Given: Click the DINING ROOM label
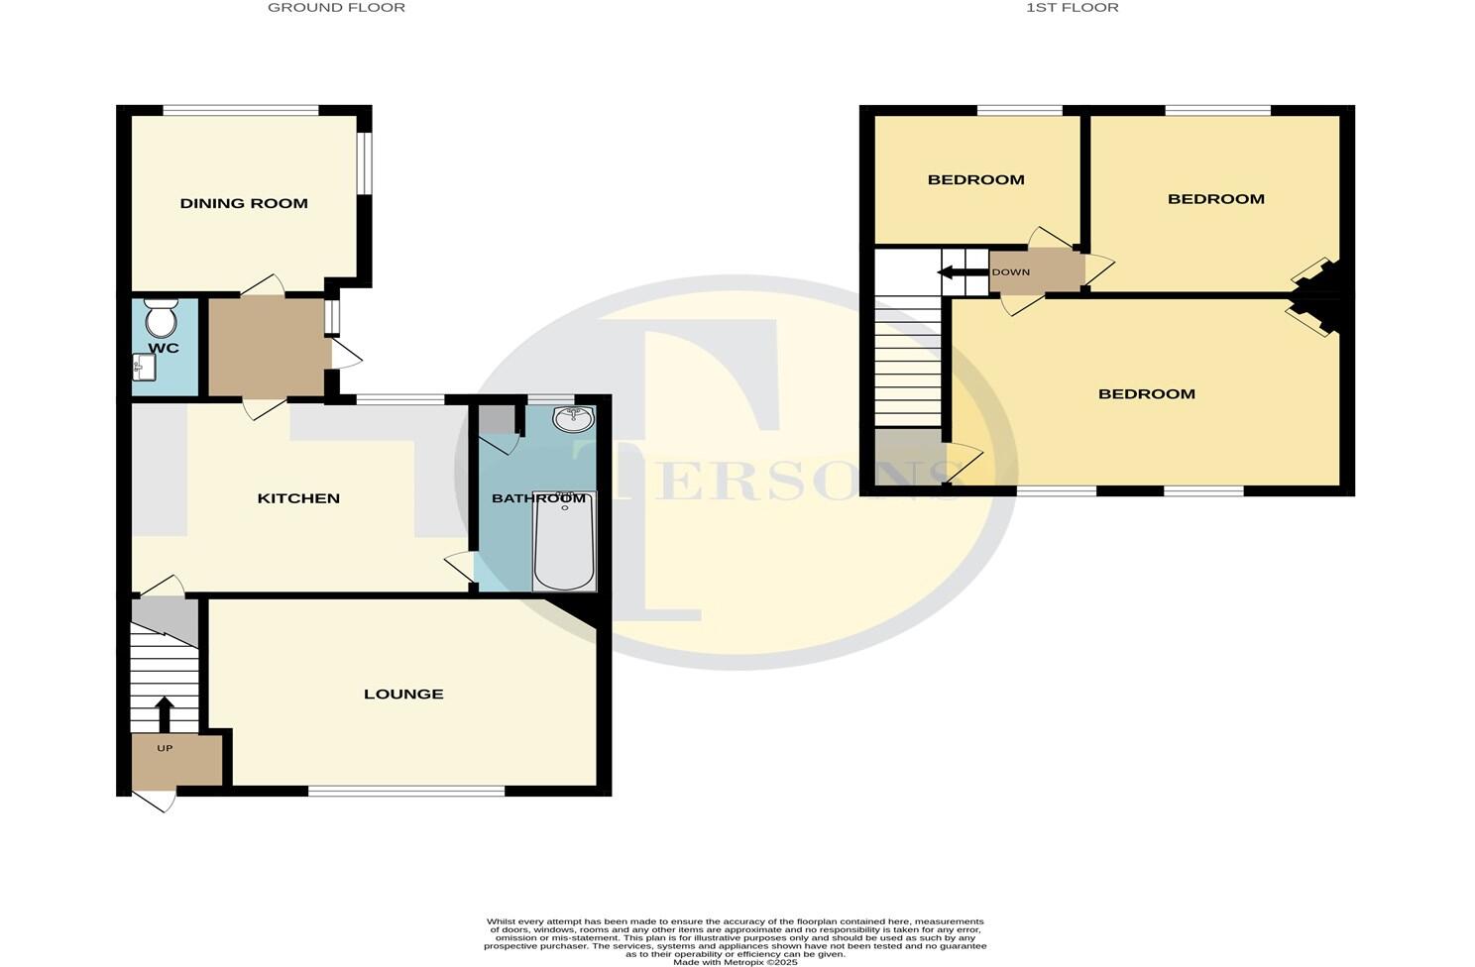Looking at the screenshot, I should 244,203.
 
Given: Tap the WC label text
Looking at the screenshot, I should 164,348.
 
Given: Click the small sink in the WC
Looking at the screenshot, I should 143,369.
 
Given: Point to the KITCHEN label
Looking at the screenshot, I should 298,498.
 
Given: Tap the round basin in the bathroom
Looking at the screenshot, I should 572,419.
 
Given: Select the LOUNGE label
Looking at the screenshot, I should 403,694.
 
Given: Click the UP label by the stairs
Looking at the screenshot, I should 165,748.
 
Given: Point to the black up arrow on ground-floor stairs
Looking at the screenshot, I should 164,713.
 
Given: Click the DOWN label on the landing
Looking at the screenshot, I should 1010,272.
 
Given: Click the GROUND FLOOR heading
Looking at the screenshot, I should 337,8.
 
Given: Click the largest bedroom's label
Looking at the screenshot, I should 1147,393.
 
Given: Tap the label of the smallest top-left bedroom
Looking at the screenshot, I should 976,179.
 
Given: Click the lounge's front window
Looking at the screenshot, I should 406,791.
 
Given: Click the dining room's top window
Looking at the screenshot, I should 241,110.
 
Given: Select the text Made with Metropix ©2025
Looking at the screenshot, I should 735,962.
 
